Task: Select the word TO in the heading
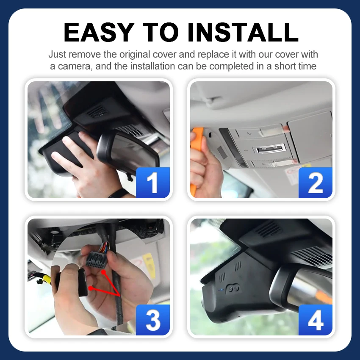click(x=161, y=32)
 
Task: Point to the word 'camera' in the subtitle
click(x=75, y=66)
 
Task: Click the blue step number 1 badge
click(x=152, y=183)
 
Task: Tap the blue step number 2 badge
click(x=316, y=183)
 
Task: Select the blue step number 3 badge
click(x=152, y=320)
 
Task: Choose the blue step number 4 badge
click(x=316, y=320)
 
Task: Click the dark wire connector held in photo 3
click(x=95, y=260)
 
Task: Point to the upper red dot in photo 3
click(x=104, y=272)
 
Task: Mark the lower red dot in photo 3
click(x=91, y=288)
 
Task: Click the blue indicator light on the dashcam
click(x=222, y=290)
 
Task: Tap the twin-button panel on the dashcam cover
click(x=233, y=288)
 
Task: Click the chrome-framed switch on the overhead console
click(x=269, y=150)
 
